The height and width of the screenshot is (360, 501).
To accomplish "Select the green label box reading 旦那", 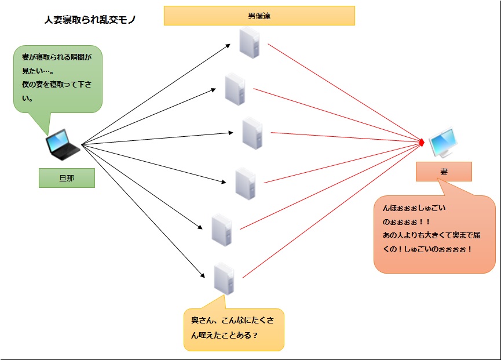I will click(67, 179).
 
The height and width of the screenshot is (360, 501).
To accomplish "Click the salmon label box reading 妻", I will click(444, 172).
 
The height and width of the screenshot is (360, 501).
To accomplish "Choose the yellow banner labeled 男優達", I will click(259, 16).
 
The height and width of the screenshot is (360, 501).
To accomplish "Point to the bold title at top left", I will click(90, 20).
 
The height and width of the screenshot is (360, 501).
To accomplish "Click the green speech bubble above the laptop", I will click(58, 79).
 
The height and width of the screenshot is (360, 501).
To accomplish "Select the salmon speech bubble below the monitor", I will click(434, 234).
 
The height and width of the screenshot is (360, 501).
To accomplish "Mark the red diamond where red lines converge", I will click(422, 142).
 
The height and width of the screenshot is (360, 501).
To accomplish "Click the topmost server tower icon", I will click(250, 43).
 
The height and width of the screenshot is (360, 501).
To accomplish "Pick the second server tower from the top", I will click(235, 89).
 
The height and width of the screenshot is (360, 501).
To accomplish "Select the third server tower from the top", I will click(253, 133).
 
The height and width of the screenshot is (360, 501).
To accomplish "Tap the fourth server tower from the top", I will click(246, 183).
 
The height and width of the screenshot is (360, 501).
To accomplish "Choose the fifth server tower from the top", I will click(221, 230).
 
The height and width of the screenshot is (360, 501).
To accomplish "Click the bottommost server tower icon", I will click(223, 278).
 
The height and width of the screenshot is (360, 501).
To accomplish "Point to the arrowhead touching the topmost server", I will click(229, 46).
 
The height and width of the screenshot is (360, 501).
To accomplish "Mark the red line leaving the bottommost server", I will click(330, 211).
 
